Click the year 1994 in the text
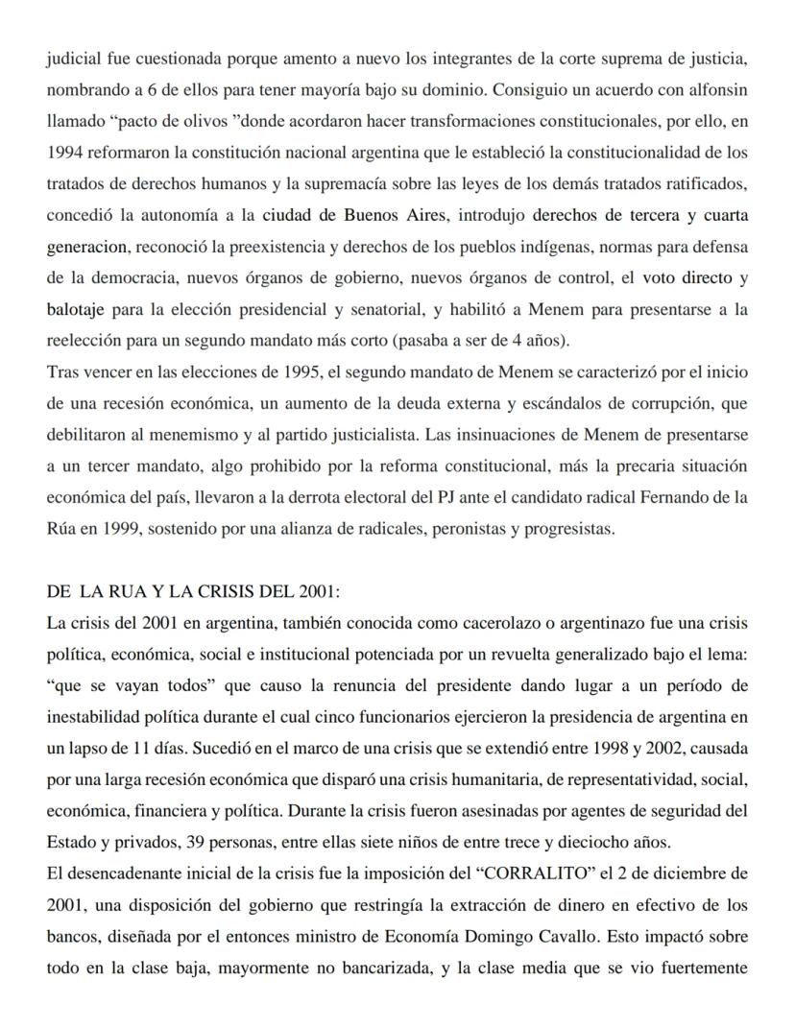(64, 154)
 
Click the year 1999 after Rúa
(118, 528)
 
